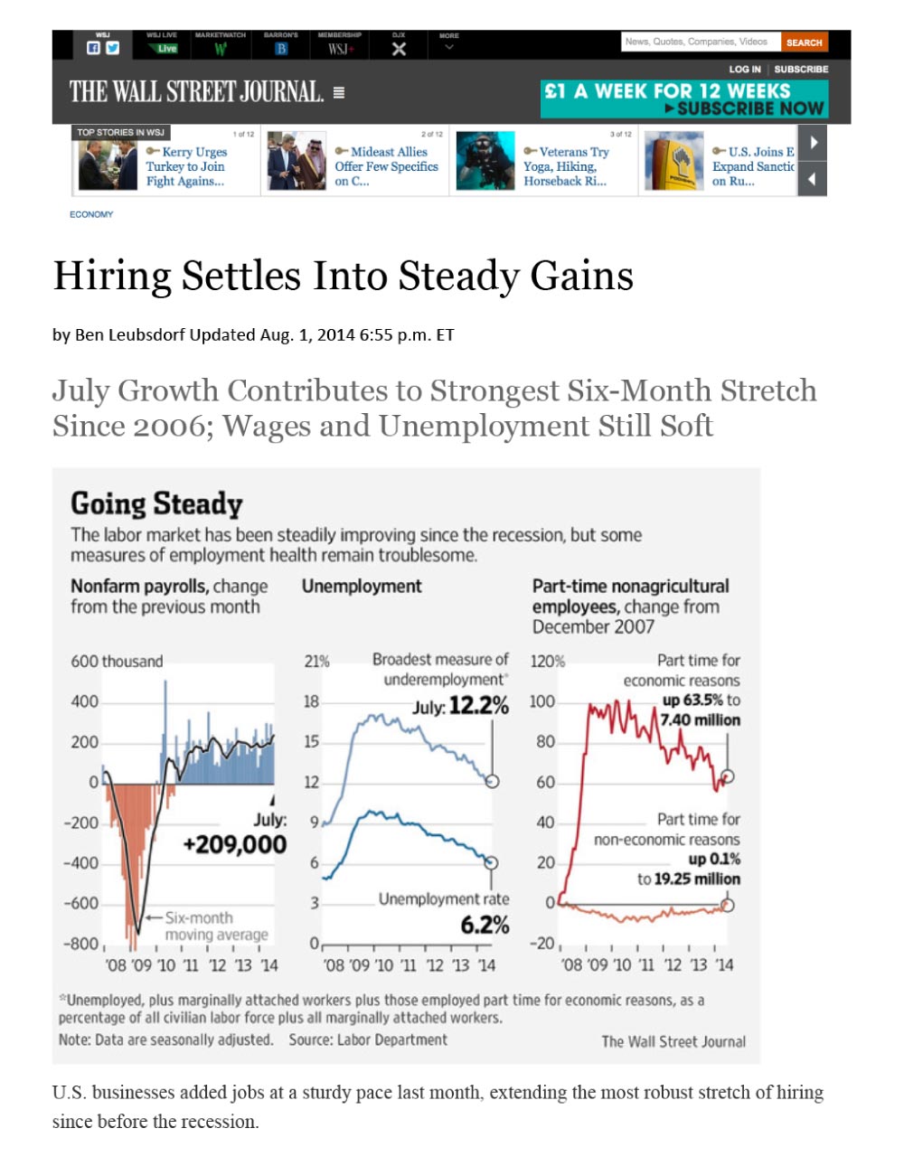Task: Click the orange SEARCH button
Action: click(804, 42)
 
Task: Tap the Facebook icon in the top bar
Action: click(93, 49)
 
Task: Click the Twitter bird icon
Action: click(112, 49)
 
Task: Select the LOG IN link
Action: click(744, 69)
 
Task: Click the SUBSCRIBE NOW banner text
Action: click(749, 108)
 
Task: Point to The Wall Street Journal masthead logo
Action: click(196, 92)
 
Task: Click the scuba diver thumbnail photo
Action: click(485, 162)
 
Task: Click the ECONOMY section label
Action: click(91, 214)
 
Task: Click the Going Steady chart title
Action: click(156, 503)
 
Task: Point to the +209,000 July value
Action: click(234, 844)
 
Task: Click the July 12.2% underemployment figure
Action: click(461, 705)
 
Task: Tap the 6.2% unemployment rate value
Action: click(485, 925)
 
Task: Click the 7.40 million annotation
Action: click(700, 720)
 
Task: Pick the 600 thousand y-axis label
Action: click(117, 662)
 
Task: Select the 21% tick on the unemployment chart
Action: click(316, 662)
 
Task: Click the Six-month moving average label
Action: click(215, 926)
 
